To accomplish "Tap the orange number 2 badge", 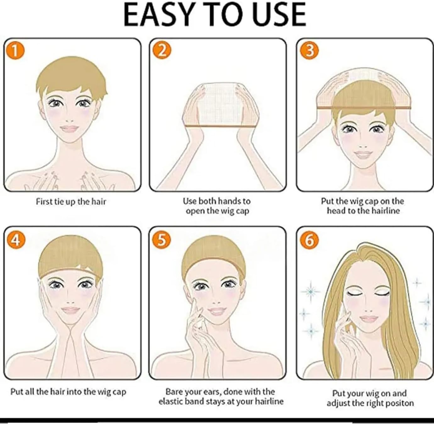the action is point(162,51).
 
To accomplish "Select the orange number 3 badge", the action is point(309,51).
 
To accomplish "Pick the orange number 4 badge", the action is point(16,240).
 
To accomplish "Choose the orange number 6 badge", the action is point(309,240).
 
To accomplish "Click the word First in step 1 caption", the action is point(44,202).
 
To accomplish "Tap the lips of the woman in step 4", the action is point(70,310).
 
